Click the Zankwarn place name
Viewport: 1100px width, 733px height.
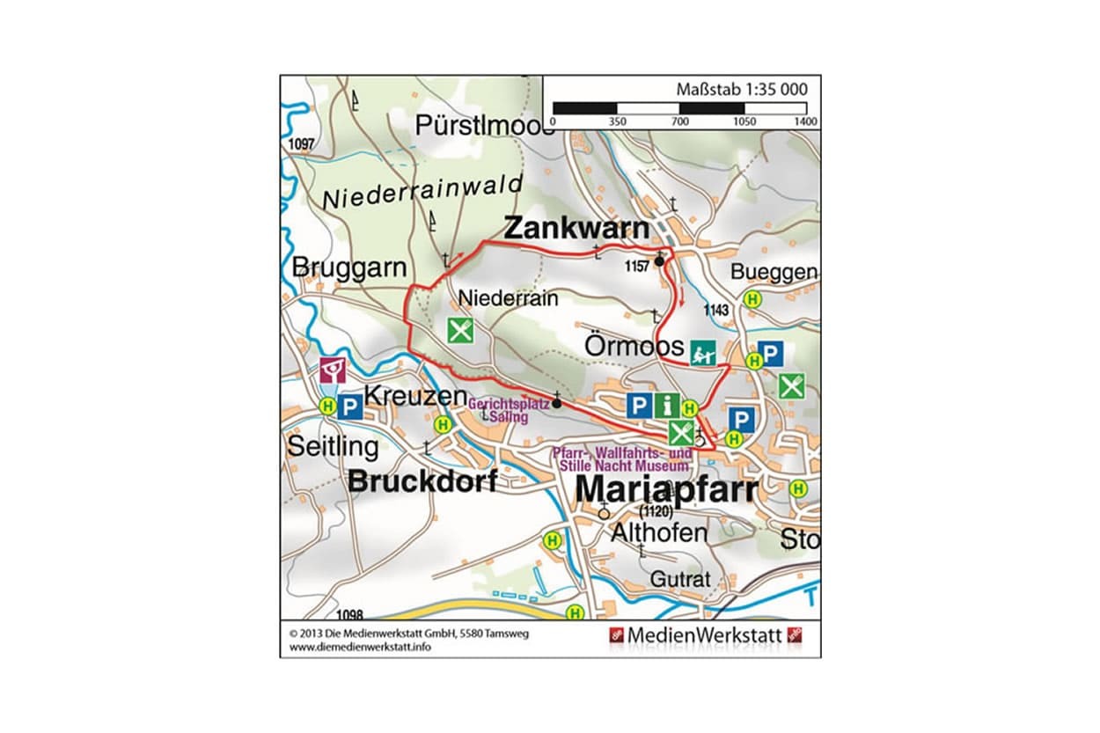[576, 228]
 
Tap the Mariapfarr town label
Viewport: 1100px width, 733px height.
[665, 491]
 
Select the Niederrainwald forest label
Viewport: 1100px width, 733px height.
[422, 192]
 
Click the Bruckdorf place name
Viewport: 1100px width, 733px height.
[422, 480]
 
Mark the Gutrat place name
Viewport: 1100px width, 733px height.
[679, 579]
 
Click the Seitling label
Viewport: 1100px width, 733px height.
[333, 447]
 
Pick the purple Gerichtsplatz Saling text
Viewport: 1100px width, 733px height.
[509, 411]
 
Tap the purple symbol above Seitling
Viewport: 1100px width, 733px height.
[333, 370]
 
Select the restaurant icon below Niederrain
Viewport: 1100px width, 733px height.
[460, 331]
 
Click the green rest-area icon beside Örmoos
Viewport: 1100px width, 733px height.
[702, 352]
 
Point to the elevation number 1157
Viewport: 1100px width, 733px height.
[638, 266]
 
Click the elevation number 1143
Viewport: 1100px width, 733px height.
[717, 310]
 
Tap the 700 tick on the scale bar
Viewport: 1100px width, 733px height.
[679, 121]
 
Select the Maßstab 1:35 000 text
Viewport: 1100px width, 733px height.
[741, 89]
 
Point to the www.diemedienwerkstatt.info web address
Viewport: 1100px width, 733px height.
[360, 647]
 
